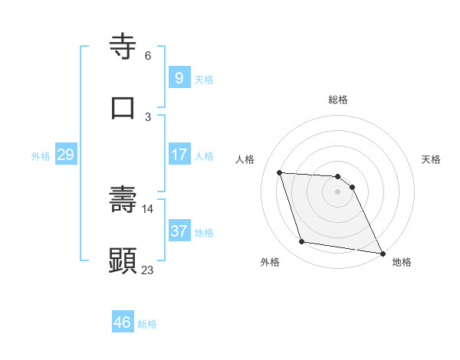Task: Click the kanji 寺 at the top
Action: pos(123,47)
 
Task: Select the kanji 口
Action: pos(123,107)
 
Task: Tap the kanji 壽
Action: pos(123,200)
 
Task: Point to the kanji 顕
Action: pos(123,260)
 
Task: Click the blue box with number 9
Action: pos(179,78)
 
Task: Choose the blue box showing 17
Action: pos(179,155)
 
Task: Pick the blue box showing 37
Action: pos(179,231)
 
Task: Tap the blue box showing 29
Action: pos(65,155)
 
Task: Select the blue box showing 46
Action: pos(123,322)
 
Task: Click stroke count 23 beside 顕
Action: pos(147,270)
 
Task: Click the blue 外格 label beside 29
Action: pos(41,155)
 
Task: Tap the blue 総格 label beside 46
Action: pos(147,323)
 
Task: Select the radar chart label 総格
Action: pos(338,100)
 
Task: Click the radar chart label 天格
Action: pos(432,159)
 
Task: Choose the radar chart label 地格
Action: pos(402,262)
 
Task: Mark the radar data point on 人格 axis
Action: pos(279,172)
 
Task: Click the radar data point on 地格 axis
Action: pos(382,252)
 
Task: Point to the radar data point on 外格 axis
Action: pos(302,242)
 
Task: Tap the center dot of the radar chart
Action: pos(338,191)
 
